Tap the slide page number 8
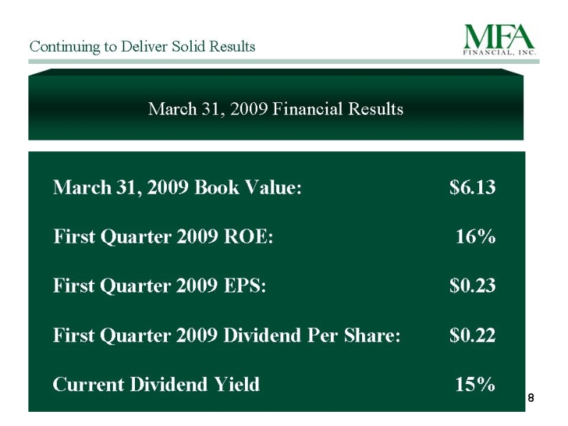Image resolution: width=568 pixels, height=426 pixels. click(x=530, y=398)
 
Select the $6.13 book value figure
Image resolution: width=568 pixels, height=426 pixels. click(x=472, y=187)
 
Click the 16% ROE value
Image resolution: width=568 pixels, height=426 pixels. click(x=475, y=236)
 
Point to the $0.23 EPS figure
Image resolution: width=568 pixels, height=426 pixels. click(x=472, y=285)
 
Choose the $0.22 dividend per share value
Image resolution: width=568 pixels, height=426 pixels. click(x=472, y=334)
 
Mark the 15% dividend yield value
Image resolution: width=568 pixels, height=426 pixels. click(x=475, y=384)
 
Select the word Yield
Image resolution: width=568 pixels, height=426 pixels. click(x=237, y=384)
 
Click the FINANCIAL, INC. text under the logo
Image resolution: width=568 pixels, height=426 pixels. click(x=500, y=52)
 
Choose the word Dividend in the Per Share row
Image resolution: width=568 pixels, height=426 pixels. click(x=262, y=334)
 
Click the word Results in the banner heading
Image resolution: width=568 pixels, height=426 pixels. click(x=376, y=109)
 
